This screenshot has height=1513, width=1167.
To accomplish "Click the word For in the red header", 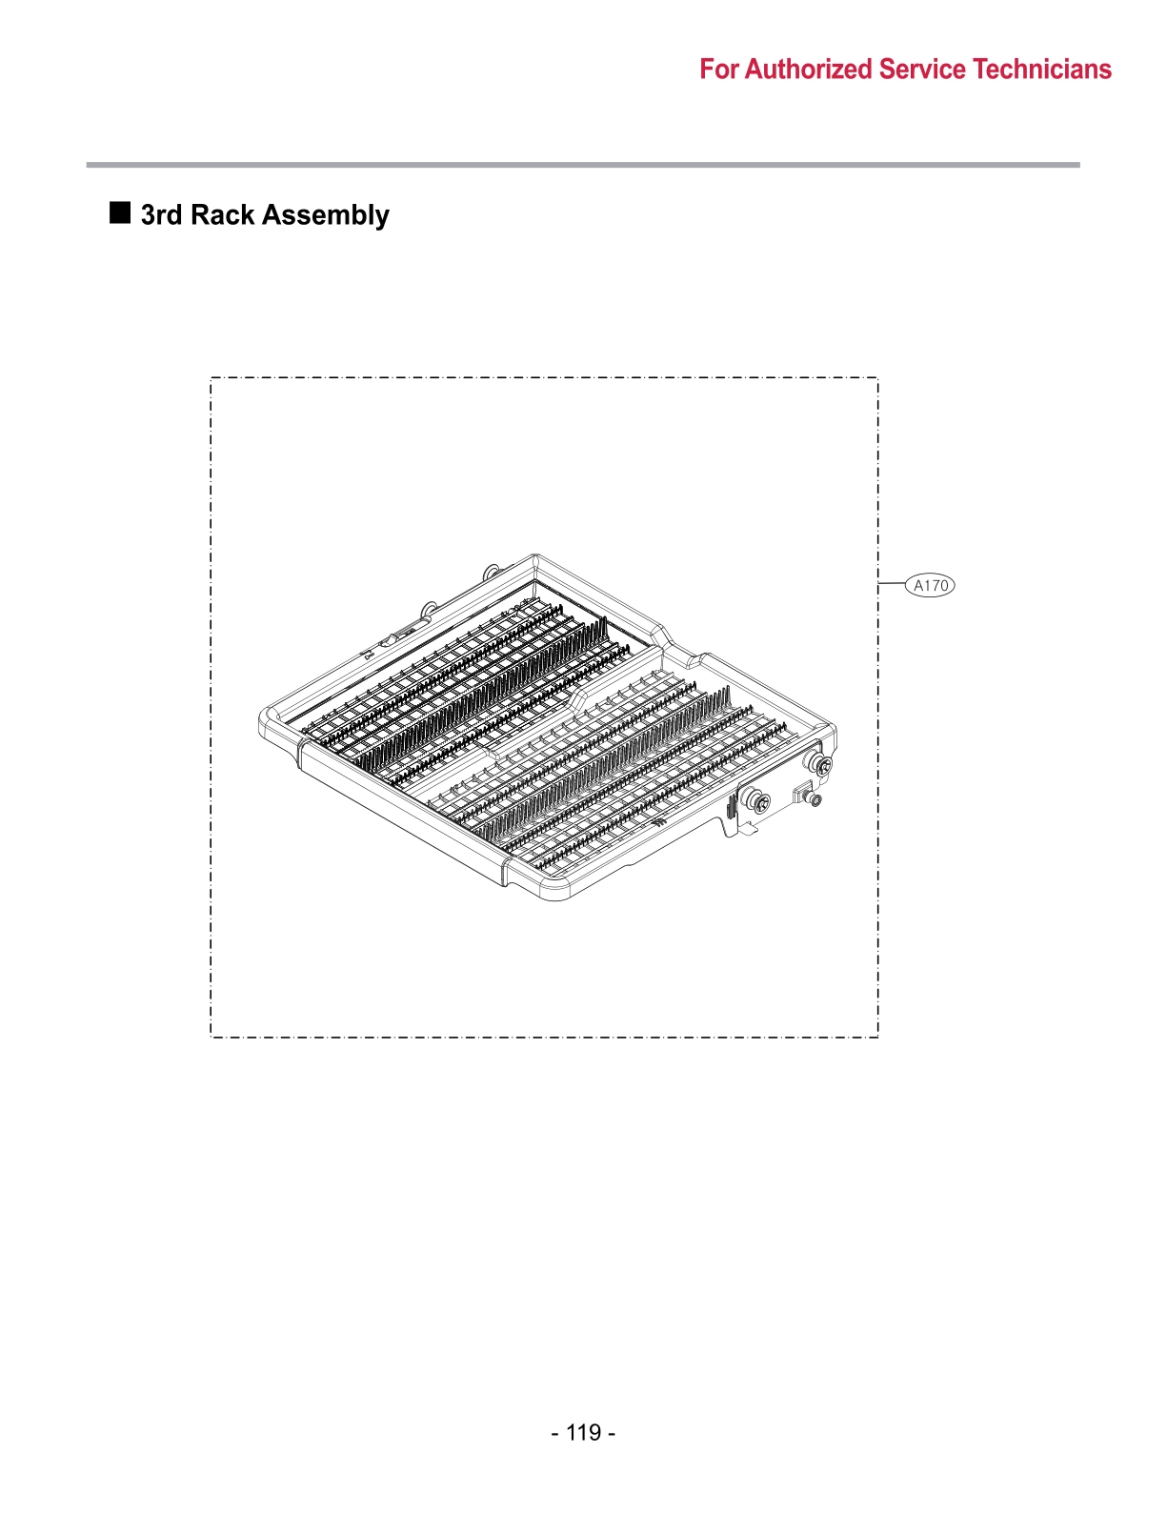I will (x=719, y=70).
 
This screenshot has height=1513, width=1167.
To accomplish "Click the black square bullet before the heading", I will (x=120, y=212).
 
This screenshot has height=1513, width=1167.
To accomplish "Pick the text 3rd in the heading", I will (x=161, y=215).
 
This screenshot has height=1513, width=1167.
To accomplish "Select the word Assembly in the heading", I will (x=325, y=216).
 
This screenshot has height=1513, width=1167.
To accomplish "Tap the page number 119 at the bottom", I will (x=583, y=1432).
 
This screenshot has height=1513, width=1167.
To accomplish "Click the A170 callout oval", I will (x=930, y=585).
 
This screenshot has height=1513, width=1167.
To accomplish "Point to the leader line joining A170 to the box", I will (x=892, y=582).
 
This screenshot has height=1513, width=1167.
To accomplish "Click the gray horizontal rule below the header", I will (x=583, y=165).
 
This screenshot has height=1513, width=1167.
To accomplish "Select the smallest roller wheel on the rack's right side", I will (x=814, y=798).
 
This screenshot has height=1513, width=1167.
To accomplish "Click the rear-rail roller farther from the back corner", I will (x=430, y=606).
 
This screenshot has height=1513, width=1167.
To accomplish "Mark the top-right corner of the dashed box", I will (x=877, y=378).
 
